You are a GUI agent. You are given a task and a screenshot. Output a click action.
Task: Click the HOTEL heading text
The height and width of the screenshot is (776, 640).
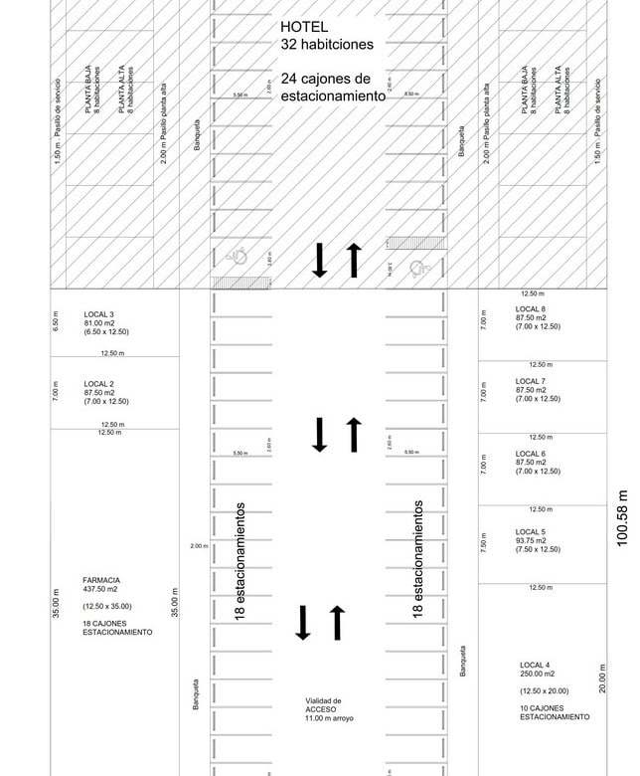(x=304, y=27)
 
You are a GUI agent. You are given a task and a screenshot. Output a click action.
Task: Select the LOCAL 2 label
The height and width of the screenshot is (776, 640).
(x=98, y=384)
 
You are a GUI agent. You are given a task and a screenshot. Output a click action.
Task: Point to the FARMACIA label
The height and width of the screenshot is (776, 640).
(x=101, y=580)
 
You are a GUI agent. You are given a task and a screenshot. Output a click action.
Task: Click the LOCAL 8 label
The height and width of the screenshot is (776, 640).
(x=530, y=309)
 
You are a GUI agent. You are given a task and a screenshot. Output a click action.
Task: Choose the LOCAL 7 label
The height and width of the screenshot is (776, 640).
(x=530, y=381)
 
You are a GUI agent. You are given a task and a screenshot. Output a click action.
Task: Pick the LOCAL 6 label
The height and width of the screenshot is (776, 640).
(x=530, y=454)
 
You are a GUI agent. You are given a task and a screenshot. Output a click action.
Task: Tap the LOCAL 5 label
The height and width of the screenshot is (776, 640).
(x=530, y=531)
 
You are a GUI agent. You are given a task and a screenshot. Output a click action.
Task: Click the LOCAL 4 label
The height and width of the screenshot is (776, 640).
(x=535, y=665)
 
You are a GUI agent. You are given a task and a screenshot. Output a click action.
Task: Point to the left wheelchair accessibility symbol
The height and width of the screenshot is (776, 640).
(x=239, y=256)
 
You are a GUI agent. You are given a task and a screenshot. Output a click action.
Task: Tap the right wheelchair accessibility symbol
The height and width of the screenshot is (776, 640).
(x=418, y=266)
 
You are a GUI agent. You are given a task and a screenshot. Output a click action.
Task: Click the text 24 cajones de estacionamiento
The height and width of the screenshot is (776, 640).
(x=332, y=88)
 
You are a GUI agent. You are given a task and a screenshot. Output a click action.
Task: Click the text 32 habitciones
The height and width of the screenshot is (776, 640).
(x=327, y=45)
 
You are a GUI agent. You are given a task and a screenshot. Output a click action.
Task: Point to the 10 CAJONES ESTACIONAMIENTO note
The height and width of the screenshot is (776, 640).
(x=554, y=712)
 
